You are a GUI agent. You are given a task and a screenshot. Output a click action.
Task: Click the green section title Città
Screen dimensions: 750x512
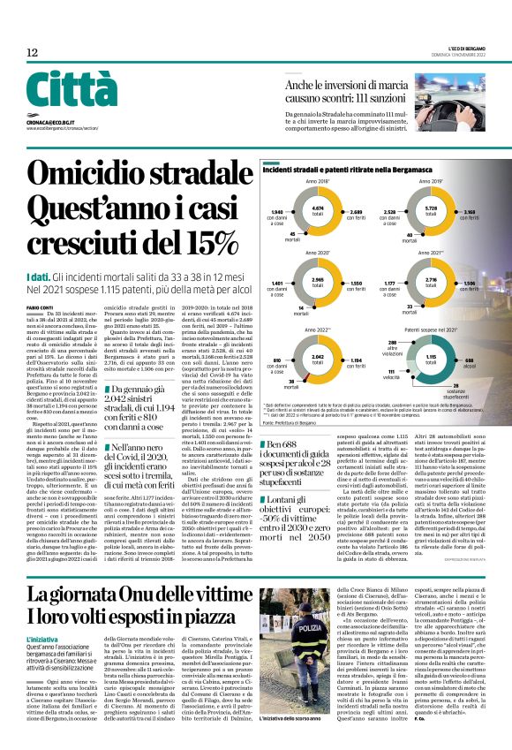click(72, 90)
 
